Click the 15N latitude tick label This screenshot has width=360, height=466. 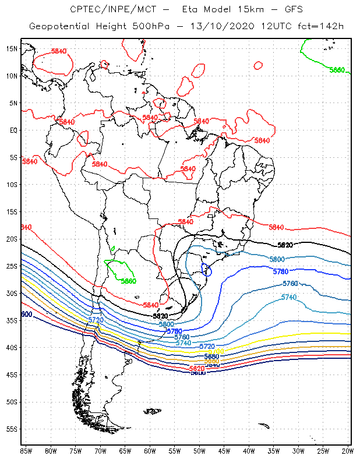[x=11, y=48]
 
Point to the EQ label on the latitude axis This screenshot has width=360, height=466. [x=13, y=130]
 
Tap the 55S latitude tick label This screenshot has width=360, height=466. [x=11, y=429]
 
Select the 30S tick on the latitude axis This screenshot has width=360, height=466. [x=11, y=293]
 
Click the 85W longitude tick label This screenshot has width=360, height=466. [x=26, y=451]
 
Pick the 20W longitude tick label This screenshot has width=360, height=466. [x=347, y=451]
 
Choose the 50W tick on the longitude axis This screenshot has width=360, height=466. [x=199, y=451]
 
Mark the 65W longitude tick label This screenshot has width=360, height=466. [x=125, y=451]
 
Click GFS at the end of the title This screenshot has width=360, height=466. [x=292, y=9]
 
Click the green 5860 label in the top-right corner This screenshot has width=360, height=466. [x=337, y=70]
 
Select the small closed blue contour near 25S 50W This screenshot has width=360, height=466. [x=206, y=269]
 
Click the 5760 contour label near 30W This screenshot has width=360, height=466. [x=290, y=284]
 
